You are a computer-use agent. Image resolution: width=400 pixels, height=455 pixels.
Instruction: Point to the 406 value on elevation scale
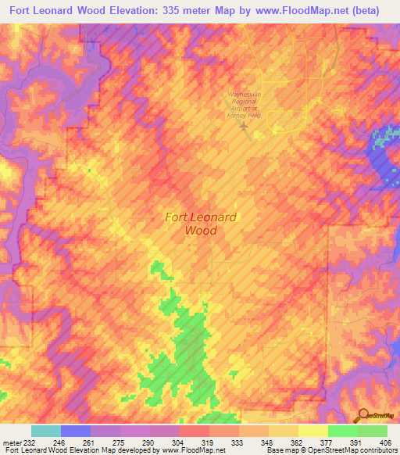(x=386, y=442)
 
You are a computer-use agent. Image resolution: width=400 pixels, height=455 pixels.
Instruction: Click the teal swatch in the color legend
(x=45, y=431)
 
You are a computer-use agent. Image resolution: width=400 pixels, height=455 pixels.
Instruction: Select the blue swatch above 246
(x=75, y=431)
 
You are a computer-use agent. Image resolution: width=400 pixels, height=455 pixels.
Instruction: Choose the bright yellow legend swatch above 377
(x=312, y=431)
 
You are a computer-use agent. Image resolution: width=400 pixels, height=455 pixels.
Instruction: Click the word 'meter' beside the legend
(x=9, y=442)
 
